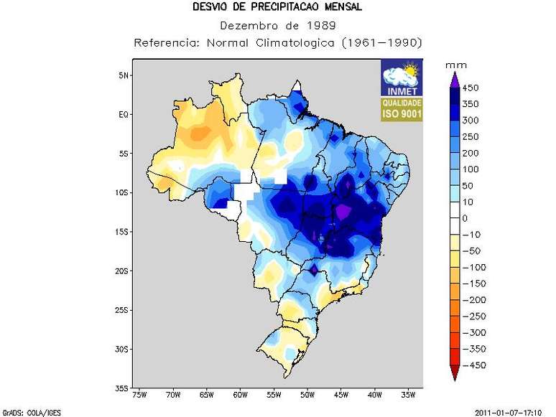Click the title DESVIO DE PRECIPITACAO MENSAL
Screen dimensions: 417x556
(x=277, y=7)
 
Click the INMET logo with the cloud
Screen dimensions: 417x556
(x=402, y=78)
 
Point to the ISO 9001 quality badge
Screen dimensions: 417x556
(x=402, y=108)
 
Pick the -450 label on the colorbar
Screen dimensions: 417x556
(x=475, y=365)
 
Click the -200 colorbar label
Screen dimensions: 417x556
(x=475, y=300)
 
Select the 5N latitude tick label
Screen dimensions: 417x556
(x=123, y=75)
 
